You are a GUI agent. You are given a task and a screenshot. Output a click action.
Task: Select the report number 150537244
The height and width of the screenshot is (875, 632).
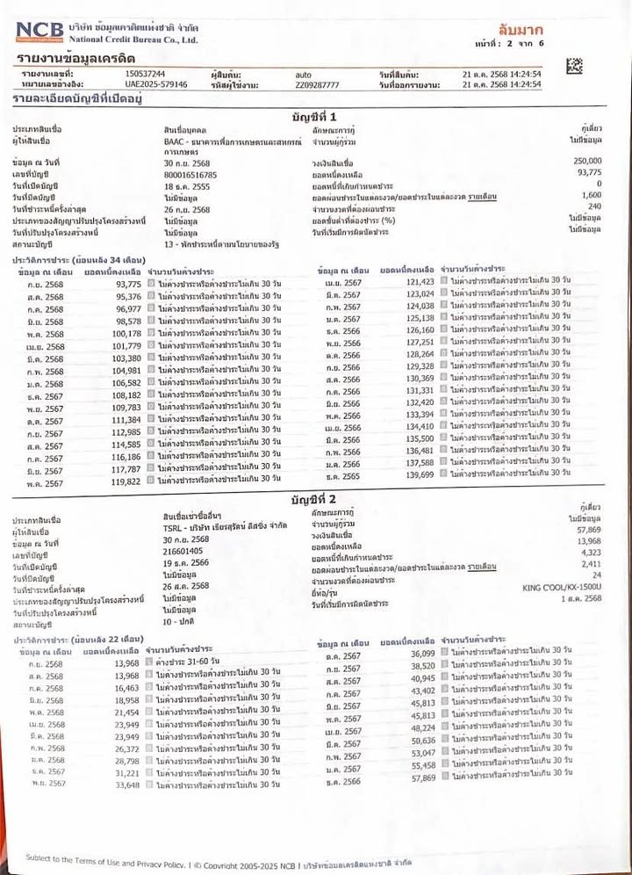point(146,74)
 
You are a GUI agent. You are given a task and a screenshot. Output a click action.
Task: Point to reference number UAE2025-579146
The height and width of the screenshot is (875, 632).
point(156,84)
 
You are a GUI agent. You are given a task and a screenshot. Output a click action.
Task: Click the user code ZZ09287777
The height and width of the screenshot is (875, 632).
point(318,85)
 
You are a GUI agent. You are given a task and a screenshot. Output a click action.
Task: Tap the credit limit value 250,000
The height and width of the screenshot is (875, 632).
point(587,162)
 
